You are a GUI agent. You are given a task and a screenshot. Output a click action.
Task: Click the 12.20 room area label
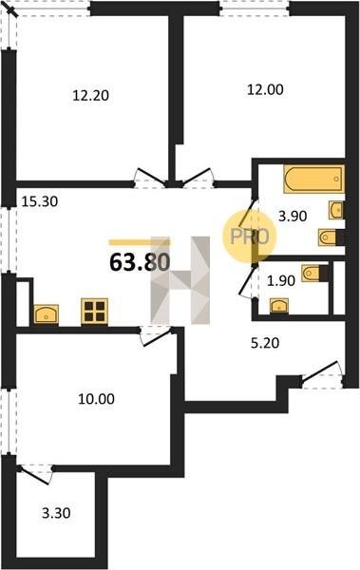[91, 96]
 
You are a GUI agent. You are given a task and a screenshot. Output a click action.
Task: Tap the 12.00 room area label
[265, 89]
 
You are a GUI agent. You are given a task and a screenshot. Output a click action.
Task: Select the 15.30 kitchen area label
[40, 201]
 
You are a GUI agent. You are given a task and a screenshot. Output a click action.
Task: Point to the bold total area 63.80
[140, 262]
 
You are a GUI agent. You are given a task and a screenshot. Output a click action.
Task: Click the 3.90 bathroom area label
[293, 217]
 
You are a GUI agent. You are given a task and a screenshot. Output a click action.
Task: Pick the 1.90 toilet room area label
[281, 280]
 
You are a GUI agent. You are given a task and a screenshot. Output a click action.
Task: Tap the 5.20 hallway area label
[265, 342]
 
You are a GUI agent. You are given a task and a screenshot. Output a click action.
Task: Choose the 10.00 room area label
[96, 399]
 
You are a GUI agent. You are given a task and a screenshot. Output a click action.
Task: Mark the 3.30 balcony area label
[56, 513]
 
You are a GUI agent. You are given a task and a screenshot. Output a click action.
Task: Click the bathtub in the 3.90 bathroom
[313, 179]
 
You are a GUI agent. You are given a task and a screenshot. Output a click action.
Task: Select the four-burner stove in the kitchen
[95, 311]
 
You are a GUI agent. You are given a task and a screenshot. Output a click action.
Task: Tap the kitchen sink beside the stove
[47, 314]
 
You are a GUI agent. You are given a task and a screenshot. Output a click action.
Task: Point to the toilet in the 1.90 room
[313, 273]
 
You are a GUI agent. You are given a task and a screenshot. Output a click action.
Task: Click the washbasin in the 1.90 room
[279, 305]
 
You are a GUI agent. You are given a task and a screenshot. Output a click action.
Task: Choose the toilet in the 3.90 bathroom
[331, 237]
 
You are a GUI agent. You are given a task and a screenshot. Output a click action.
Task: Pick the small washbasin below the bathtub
[336, 210]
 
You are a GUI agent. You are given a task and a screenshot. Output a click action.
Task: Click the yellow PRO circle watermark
[250, 237]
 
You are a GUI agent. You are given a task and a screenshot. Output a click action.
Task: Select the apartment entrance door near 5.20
[322, 372]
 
